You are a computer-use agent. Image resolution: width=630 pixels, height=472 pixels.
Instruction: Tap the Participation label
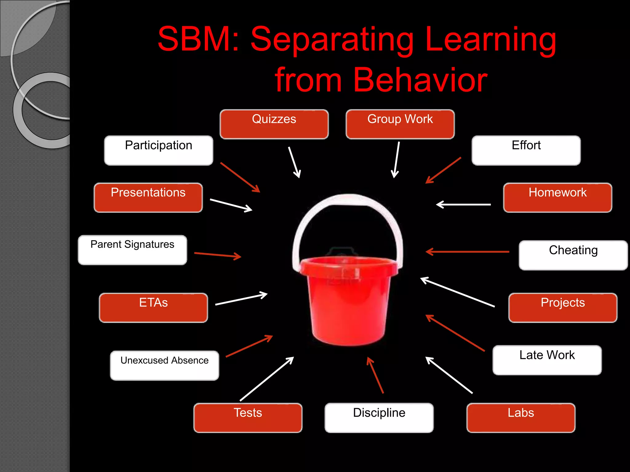click(158, 150)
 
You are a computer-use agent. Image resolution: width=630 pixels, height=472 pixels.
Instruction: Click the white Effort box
click(526, 150)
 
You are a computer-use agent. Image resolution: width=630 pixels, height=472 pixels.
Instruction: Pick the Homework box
click(557, 198)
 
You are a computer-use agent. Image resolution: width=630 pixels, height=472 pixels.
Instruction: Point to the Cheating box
click(573, 255)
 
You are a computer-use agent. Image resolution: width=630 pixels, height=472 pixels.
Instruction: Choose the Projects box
click(563, 308)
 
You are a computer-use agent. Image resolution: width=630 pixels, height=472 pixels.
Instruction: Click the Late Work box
click(547, 360)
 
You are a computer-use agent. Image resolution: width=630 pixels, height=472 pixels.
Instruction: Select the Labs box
click(521, 418)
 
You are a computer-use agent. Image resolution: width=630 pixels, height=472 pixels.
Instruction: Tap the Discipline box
click(379, 418)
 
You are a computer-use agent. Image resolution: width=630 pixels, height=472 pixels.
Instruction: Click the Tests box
click(248, 418)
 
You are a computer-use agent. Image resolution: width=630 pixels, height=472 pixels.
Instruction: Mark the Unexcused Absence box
click(165, 365)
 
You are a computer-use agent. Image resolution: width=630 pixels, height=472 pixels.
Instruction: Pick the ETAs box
click(153, 308)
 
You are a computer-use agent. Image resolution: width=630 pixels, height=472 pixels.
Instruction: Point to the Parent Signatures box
click(132, 250)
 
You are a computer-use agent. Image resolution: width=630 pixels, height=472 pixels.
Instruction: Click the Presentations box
click(148, 198)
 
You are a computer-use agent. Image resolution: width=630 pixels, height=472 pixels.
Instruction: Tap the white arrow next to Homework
click(464, 204)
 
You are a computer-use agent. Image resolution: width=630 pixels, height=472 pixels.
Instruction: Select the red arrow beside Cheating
click(468, 252)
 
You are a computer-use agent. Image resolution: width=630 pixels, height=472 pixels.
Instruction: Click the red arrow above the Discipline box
click(375, 375)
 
